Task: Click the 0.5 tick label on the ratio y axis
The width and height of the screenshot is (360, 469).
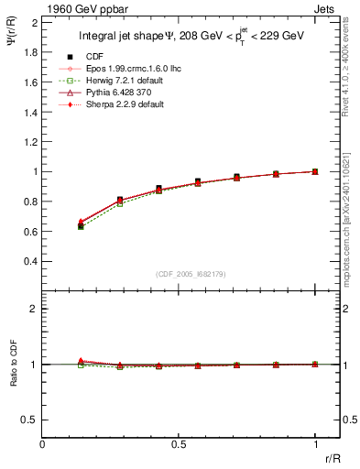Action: tap(28, 420)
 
